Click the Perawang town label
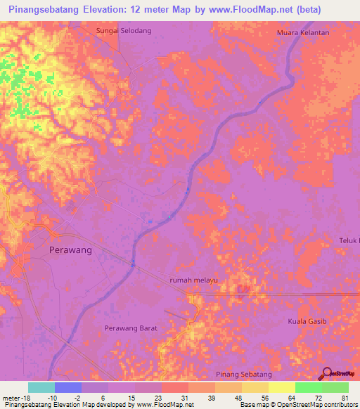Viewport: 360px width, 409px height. click(70, 249)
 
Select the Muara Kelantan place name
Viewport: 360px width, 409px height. click(303, 32)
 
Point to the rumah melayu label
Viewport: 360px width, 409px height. click(194, 280)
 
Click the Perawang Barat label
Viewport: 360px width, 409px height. click(130, 328)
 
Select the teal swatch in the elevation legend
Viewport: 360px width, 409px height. click(41, 387)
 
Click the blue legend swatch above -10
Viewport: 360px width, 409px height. click(68, 387)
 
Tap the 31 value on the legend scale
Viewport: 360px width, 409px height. click(184, 397)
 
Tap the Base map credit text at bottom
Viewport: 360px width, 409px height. click(295, 405)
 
